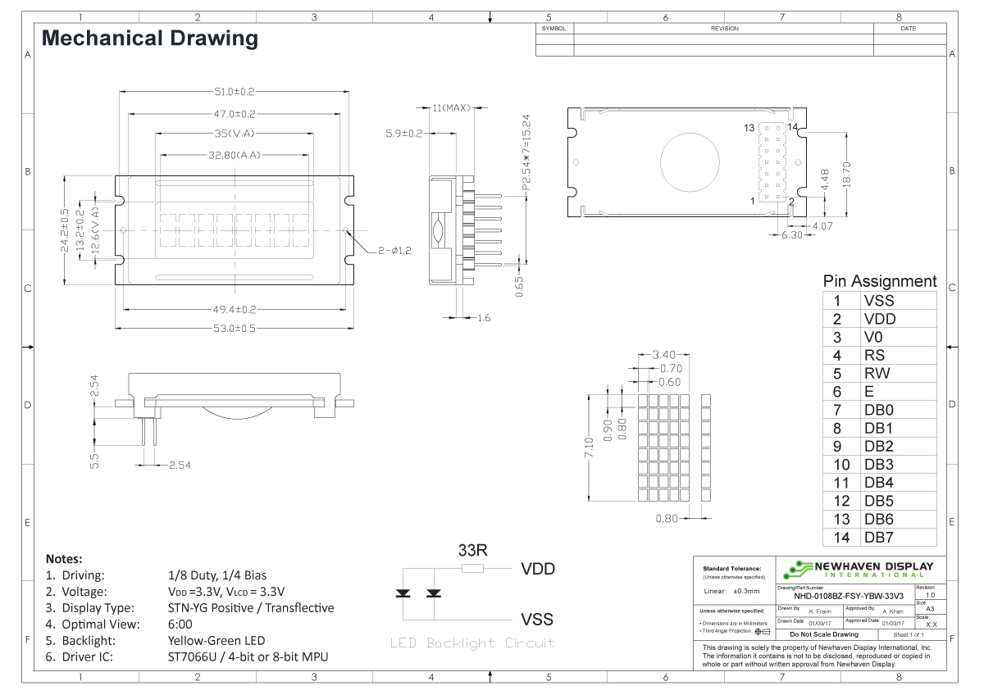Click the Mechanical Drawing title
point(149,38)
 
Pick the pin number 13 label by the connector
point(749,129)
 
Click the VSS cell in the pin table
point(879,301)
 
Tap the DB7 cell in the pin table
point(878,538)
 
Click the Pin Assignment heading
point(879,281)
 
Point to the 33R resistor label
point(473,550)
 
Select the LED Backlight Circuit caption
point(472,643)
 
